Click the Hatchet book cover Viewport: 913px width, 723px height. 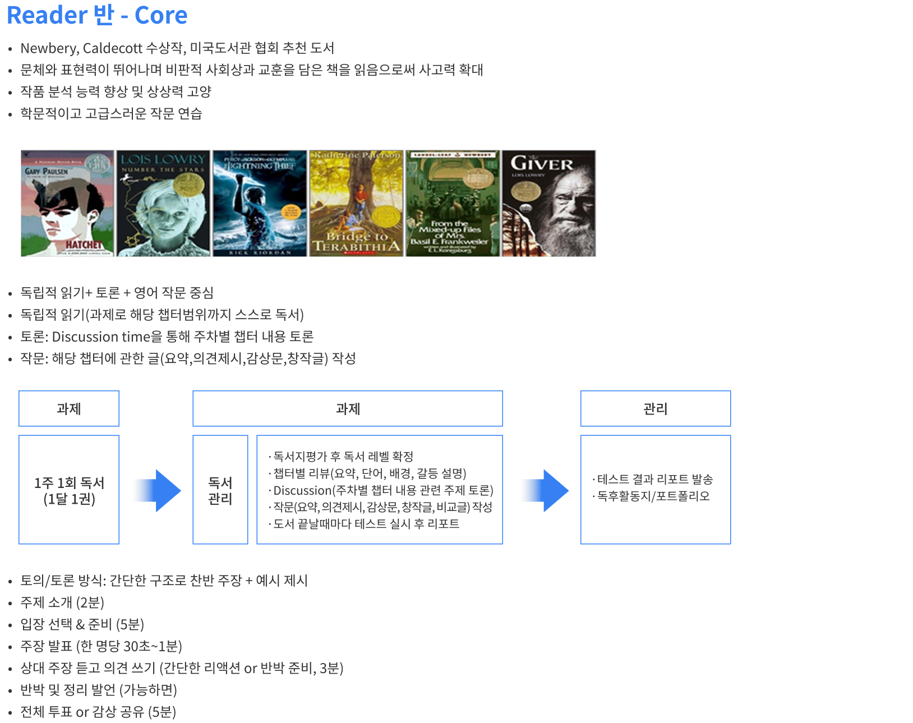click(67, 203)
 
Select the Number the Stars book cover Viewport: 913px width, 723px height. click(163, 203)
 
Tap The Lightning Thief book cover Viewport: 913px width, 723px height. click(260, 203)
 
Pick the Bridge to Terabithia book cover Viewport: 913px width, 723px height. click(356, 203)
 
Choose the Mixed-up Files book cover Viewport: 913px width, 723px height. click(452, 203)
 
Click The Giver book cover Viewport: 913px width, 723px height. click(549, 203)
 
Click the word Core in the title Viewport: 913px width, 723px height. click(161, 15)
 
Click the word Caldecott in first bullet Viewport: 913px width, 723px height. click(113, 48)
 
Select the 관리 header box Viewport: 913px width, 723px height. click(656, 409)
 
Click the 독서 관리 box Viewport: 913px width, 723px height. click(220, 490)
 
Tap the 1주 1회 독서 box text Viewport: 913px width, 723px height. click(69, 490)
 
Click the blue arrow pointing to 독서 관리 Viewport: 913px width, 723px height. click(156, 491)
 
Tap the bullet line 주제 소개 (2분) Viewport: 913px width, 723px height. click(62, 602)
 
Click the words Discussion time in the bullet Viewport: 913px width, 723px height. click(102, 337)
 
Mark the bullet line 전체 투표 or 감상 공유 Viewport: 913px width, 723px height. click(98, 712)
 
